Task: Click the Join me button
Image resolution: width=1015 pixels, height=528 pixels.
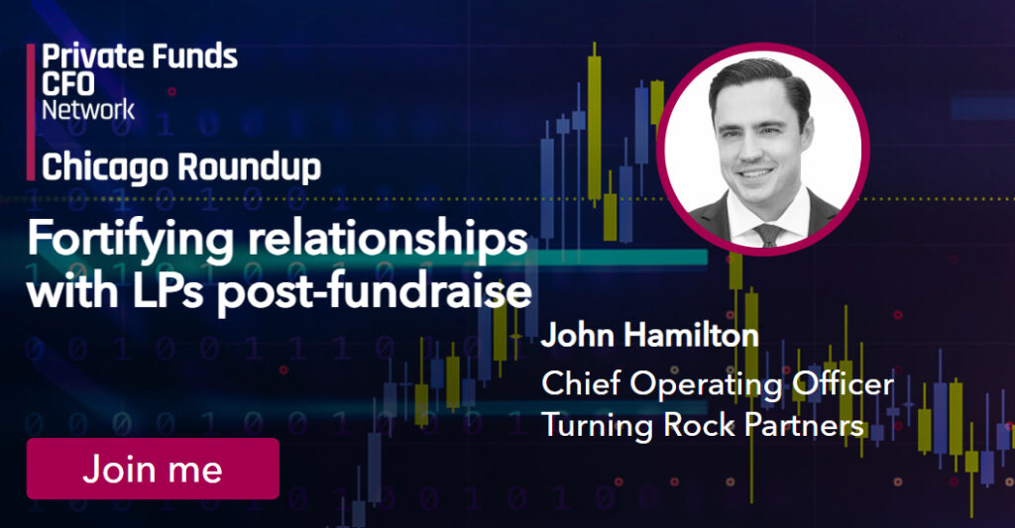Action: tap(153, 468)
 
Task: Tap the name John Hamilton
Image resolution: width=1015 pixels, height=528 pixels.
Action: tap(649, 335)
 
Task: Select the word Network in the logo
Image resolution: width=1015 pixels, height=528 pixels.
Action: tap(88, 108)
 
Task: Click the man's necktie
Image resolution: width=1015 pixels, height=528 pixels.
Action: tap(766, 234)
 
